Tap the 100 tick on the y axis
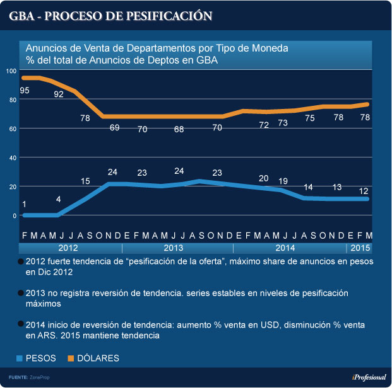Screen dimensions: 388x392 (10, 71)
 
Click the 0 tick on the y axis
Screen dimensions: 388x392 (14, 215)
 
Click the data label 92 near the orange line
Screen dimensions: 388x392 (59, 94)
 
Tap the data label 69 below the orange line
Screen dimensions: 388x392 (114, 128)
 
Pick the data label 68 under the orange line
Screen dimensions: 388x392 (179, 128)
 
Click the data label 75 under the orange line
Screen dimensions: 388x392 (309, 118)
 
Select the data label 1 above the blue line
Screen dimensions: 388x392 (24, 203)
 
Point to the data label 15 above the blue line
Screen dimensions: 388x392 (85, 181)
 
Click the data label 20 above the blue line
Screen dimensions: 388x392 (264, 178)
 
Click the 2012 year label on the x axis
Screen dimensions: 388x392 (69, 248)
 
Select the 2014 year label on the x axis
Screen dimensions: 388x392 (285, 248)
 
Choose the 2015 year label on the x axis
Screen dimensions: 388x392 (360, 248)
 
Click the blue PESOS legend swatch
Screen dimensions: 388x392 (20, 358)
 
